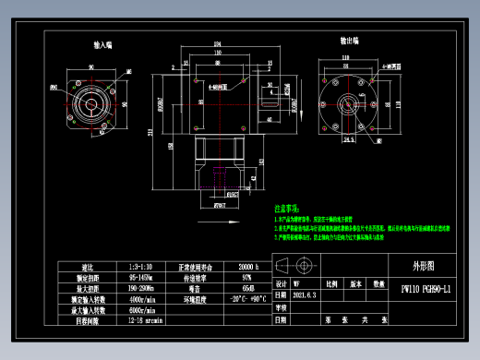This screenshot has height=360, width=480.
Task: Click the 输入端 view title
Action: [x=102, y=44]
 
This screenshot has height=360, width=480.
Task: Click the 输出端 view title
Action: [x=350, y=41]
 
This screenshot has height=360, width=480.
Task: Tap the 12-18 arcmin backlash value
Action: [x=141, y=320]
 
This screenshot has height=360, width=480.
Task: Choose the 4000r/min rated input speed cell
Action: [x=141, y=299]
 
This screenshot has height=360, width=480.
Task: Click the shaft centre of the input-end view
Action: [x=93, y=100]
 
